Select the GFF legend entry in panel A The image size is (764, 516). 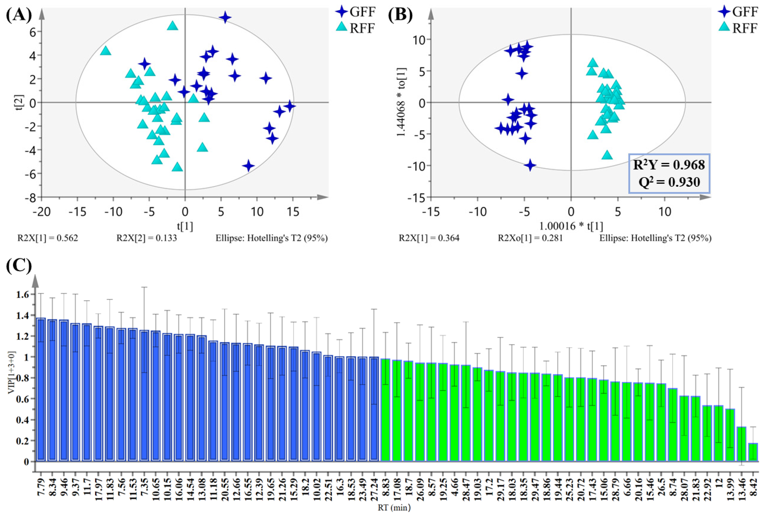(356, 12)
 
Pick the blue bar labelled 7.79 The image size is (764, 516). (41, 389)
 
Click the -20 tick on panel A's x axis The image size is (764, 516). (42, 212)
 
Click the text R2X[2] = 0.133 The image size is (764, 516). (147, 238)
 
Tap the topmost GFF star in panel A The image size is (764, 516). (225, 17)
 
